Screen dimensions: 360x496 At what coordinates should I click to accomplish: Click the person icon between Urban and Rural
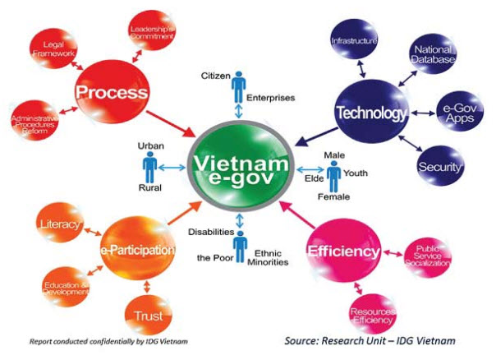[149, 167]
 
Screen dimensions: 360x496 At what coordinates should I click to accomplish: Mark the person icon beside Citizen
[239, 85]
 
